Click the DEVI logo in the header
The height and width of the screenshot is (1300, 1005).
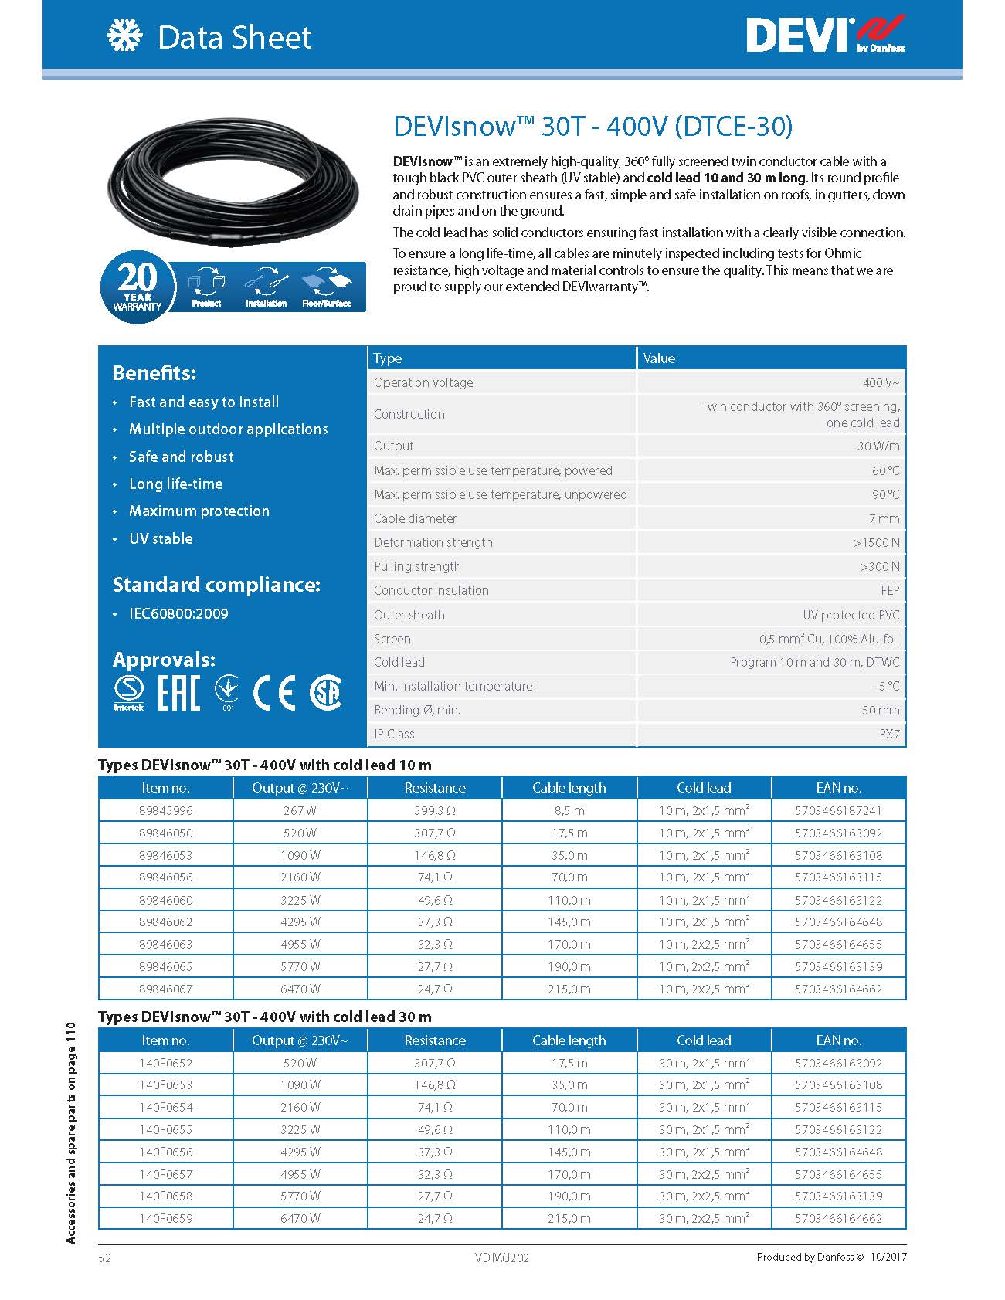pyautogui.click(x=824, y=36)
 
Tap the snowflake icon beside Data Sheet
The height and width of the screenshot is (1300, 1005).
pyautogui.click(x=125, y=36)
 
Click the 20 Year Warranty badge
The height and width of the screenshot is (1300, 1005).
pyautogui.click(x=138, y=286)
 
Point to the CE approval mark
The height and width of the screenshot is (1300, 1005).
pyautogui.click(x=275, y=692)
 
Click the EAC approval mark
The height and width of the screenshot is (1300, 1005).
pyautogui.click(x=178, y=692)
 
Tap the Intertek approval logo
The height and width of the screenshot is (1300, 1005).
pyautogui.click(x=128, y=692)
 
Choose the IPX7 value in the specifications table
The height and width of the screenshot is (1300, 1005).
pyautogui.click(x=888, y=734)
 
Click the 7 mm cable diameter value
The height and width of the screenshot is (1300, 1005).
pyautogui.click(x=884, y=518)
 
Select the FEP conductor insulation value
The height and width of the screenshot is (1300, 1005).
pyautogui.click(x=890, y=590)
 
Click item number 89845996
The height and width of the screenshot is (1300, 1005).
pyautogui.click(x=166, y=810)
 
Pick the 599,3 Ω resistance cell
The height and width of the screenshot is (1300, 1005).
pyautogui.click(x=435, y=810)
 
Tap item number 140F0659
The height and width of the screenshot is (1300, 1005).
pyautogui.click(x=166, y=1218)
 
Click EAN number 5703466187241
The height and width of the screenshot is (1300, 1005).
pyautogui.click(x=838, y=810)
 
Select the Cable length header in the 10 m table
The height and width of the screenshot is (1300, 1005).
pyautogui.click(x=569, y=788)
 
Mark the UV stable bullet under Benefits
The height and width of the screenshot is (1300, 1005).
pyautogui.click(x=161, y=538)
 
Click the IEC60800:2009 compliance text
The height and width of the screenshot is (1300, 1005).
pyautogui.click(x=178, y=613)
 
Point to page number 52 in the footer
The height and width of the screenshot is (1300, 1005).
pyautogui.click(x=105, y=1258)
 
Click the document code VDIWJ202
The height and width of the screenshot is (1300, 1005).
pyautogui.click(x=502, y=1258)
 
